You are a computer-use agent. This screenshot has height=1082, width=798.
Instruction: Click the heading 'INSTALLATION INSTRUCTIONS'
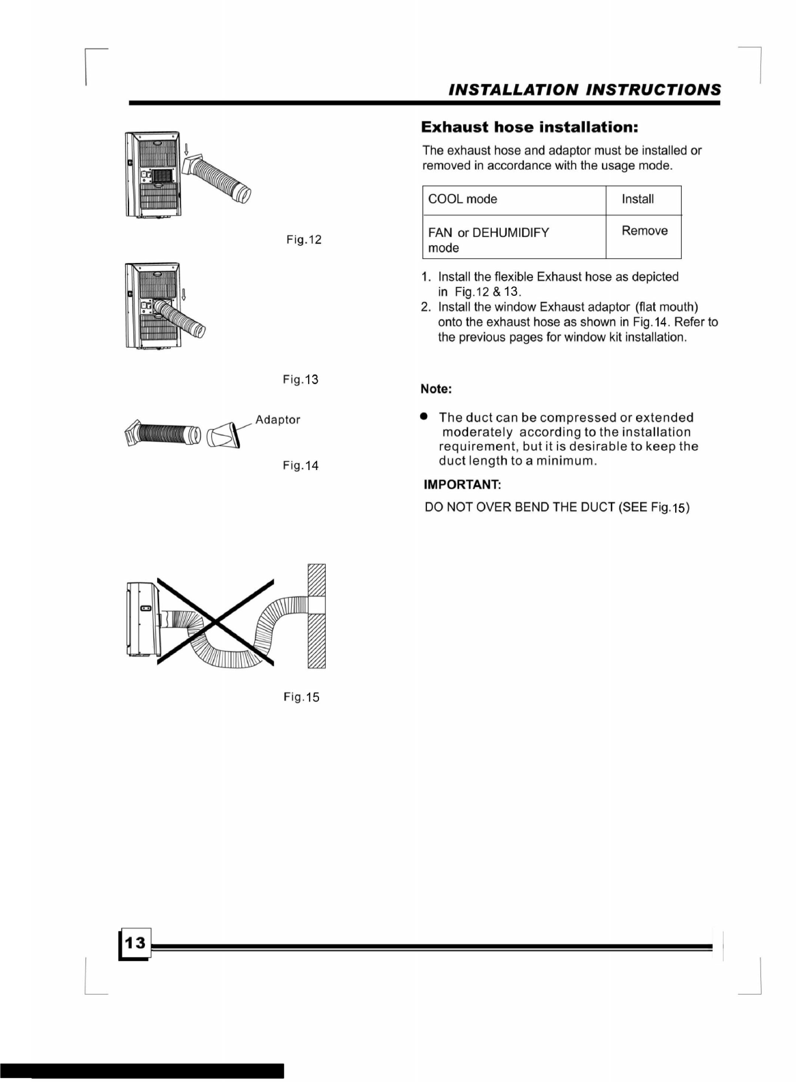(x=584, y=90)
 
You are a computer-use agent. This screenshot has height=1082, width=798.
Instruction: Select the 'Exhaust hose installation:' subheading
(x=529, y=128)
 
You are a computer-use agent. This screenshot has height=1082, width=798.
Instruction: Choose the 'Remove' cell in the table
(x=644, y=231)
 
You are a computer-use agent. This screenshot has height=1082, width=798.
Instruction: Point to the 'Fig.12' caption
(x=303, y=240)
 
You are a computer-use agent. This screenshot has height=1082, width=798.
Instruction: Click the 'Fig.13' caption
(x=301, y=379)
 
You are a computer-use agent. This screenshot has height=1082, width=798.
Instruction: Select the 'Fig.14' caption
(x=301, y=466)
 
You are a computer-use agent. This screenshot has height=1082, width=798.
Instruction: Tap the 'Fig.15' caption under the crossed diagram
(x=301, y=697)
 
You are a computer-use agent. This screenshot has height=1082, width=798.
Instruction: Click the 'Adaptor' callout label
(x=277, y=419)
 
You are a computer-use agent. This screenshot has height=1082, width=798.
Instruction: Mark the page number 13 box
(x=135, y=943)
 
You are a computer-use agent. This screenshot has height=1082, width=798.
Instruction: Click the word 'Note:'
(x=436, y=389)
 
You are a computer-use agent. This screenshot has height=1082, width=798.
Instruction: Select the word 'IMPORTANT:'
(x=463, y=485)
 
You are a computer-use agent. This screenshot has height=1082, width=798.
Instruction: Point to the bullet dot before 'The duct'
(x=425, y=415)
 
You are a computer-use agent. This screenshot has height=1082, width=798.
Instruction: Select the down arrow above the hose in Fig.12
(x=187, y=148)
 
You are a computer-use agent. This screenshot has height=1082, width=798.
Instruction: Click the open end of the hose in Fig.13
(x=199, y=331)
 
